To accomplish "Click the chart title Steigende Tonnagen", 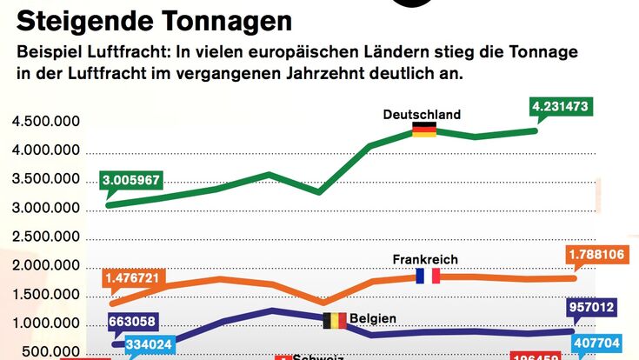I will (154, 19).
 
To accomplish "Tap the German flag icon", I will (423, 130).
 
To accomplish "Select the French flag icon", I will (428, 276).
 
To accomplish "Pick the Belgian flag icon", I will (334, 320).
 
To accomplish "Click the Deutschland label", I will (422, 114).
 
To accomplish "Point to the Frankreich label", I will (425, 259).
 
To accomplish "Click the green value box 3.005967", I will (131, 181).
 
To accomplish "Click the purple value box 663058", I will (132, 322).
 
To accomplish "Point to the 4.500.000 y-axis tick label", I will (46, 122).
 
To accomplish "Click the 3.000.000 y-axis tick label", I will (46, 209).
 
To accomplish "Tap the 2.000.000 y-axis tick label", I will (46, 266).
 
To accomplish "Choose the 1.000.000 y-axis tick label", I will (46, 324).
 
